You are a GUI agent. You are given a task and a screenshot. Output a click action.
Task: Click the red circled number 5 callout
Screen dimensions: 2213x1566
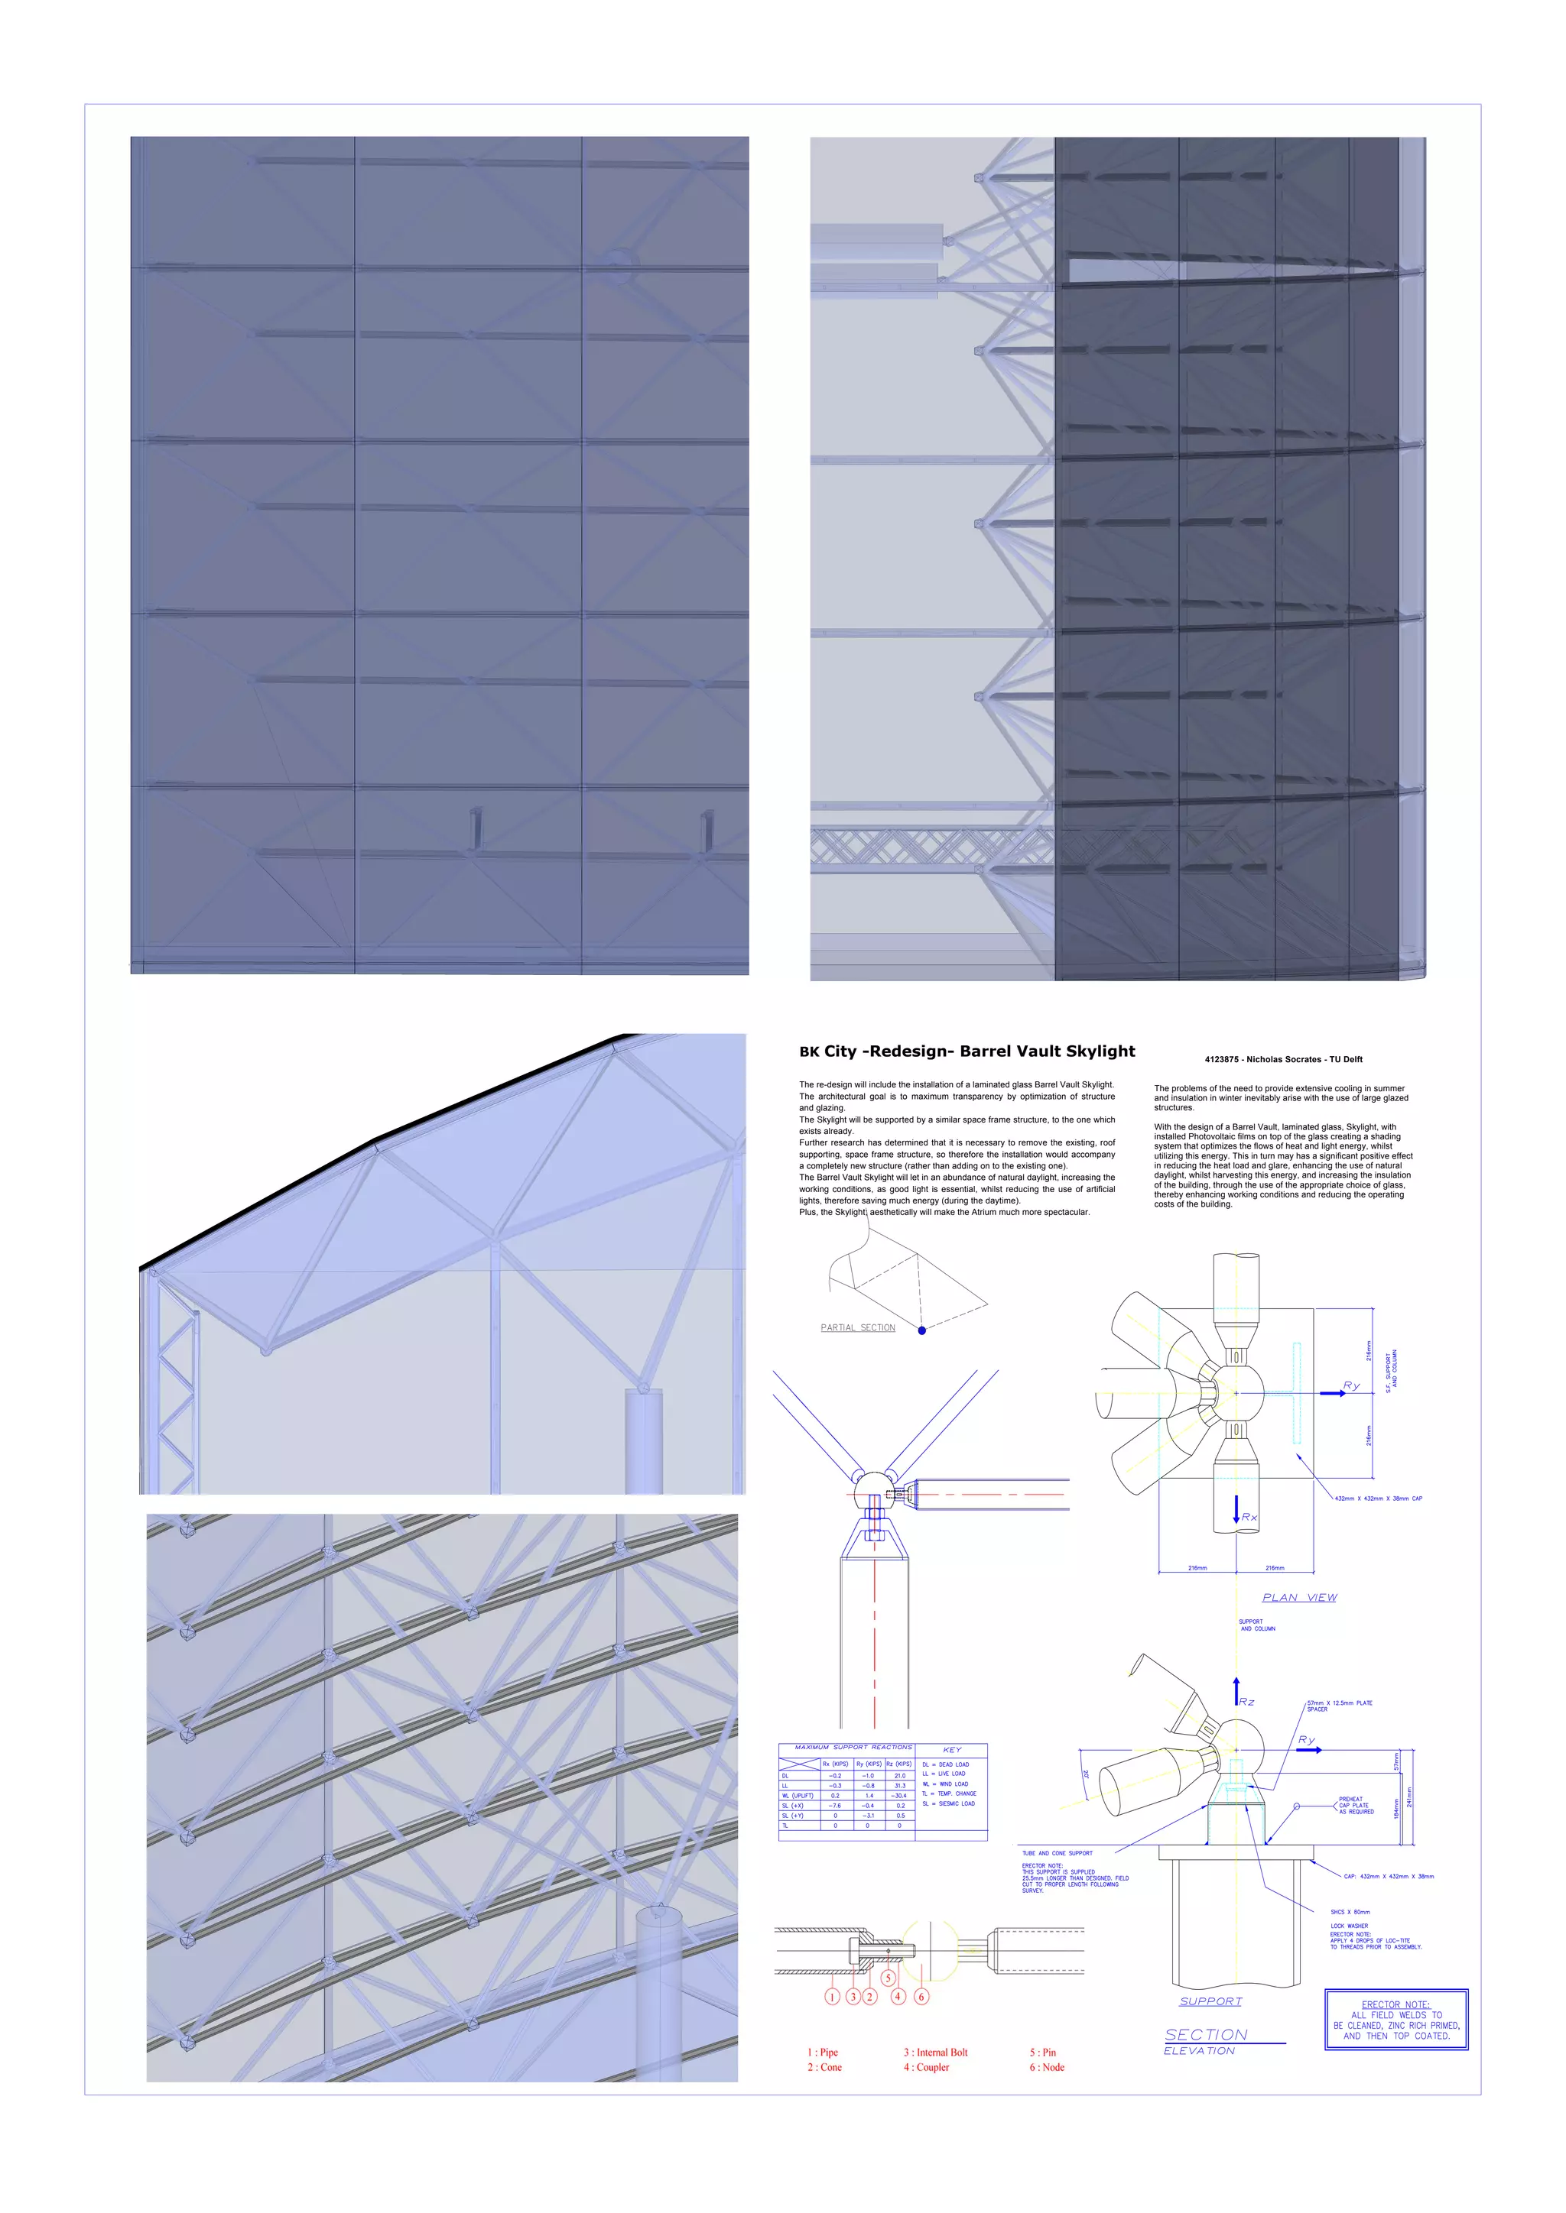point(888,1978)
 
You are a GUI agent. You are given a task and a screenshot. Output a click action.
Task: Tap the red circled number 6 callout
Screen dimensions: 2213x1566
point(921,1996)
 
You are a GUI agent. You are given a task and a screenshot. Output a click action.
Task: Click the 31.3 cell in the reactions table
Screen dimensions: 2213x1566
point(900,1785)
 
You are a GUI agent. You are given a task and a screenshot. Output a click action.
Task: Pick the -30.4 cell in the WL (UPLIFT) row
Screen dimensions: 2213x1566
point(900,1796)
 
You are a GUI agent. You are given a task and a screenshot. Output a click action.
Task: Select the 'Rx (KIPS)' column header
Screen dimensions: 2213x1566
point(835,1764)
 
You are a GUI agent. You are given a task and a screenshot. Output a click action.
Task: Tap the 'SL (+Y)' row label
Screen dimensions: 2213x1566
point(793,1815)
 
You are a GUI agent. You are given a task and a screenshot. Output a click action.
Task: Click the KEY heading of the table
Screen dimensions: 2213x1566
point(952,1749)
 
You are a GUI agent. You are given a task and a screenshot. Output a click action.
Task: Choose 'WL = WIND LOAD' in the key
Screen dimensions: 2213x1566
point(945,1784)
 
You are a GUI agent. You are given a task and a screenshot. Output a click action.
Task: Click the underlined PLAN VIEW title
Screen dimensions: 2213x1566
point(1299,1597)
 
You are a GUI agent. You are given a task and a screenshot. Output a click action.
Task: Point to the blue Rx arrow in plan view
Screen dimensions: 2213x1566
point(1236,1509)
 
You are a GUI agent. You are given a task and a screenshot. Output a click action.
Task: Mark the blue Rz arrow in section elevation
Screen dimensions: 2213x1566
point(1236,1692)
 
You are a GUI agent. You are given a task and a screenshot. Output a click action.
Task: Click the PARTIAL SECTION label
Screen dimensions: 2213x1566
point(857,1328)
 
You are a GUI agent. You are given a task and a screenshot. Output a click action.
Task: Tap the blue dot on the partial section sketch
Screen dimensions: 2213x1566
point(922,1330)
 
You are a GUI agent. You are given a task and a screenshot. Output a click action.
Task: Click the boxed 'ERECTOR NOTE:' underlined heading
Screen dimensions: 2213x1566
point(1395,2004)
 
